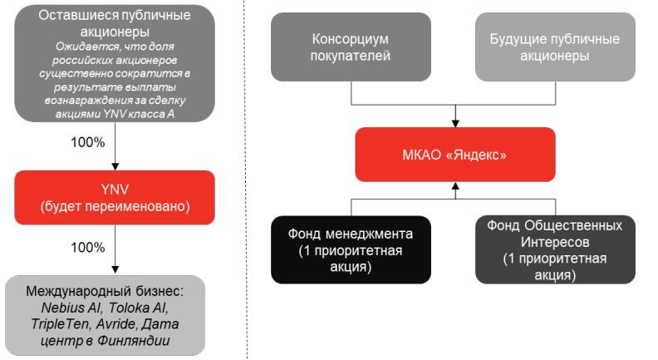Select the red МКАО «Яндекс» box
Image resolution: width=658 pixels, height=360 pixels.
[455, 155]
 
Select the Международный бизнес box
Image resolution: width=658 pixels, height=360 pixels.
[115, 317]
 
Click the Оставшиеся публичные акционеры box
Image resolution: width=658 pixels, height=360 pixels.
[115, 62]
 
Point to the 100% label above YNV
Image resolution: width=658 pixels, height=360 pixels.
[87, 142]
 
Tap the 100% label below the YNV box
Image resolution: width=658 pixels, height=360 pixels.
[87, 249]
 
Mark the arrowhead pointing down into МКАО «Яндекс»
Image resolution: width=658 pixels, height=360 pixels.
[455, 122]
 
